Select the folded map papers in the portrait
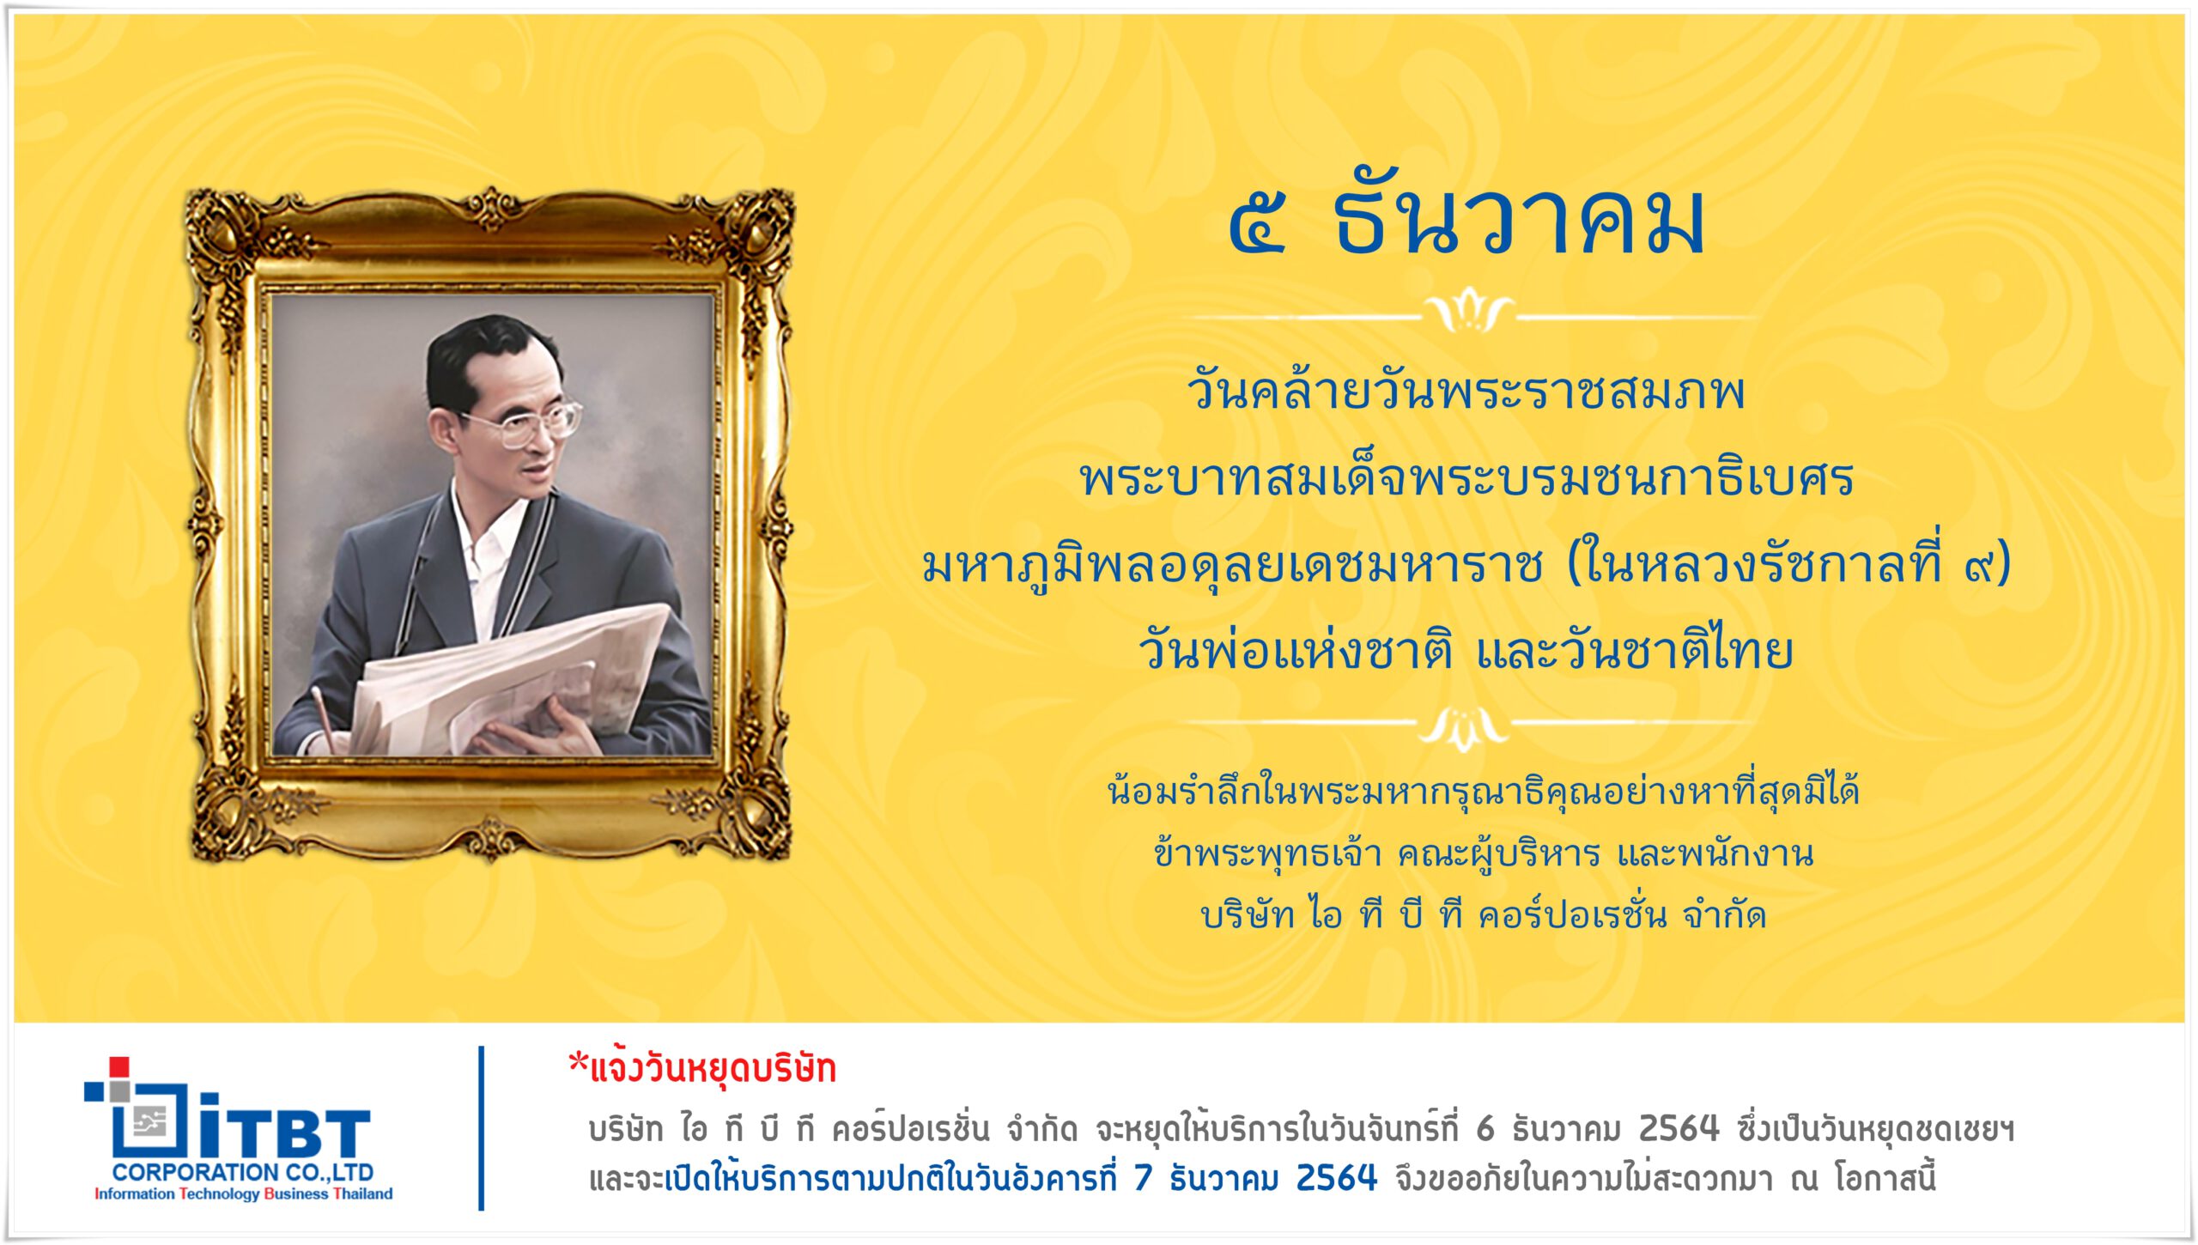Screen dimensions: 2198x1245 click(x=507, y=678)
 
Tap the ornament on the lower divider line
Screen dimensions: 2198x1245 click(x=1465, y=729)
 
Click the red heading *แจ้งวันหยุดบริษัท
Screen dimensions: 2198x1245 click(x=702, y=1069)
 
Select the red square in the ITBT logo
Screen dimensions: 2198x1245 click(x=119, y=1066)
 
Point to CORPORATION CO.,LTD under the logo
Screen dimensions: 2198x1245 click(x=243, y=1172)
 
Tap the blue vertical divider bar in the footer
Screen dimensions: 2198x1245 click(x=482, y=1127)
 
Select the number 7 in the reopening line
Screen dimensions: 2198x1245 click(x=1143, y=1178)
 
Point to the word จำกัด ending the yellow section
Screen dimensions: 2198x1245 click(x=1724, y=915)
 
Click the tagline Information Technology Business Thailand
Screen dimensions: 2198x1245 click(x=243, y=1193)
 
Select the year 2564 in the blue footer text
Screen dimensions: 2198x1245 click(x=1336, y=1178)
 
